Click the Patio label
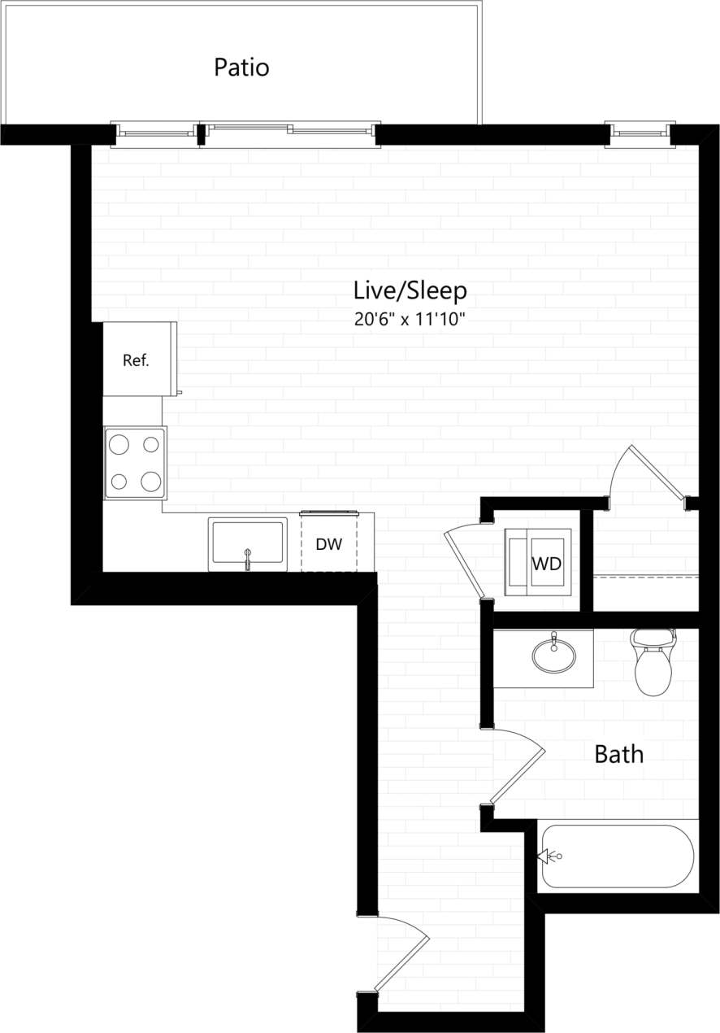(x=241, y=67)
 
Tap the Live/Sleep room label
(x=410, y=290)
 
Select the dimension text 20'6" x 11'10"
(x=409, y=320)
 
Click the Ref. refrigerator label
(x=136, y=360)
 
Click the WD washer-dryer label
(x=546, y=564)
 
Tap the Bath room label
(x=618, y=754)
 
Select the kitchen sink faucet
(x=248, y=558)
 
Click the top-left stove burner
(x=119, y=444)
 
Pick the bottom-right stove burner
(x=150, y=482)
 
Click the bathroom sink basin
(x=553, y=654)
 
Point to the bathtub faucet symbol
(x=549, y=856)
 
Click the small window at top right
(x=640, y=132)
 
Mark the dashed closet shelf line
(x=645, y=577)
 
